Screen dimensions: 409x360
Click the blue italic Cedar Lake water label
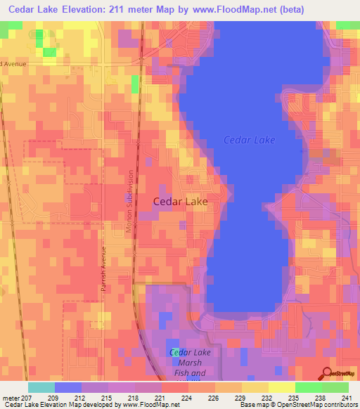pyautogui.click(x=249, y=140)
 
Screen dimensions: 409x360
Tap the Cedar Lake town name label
pyautogui.click(x=180, y=201)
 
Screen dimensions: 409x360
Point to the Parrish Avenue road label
pyautogui.click(x=102, y=273)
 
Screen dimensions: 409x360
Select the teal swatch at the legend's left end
pyautogui.click(x=41, y=387)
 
